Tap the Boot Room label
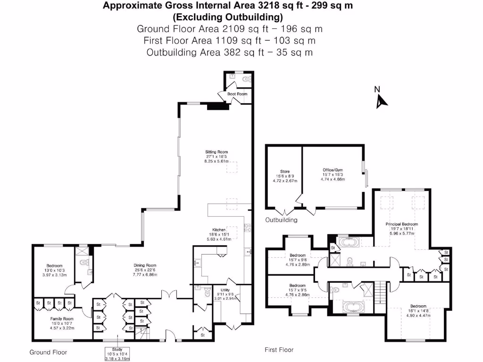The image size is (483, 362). click(237, 94)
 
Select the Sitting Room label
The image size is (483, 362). click(217, 152)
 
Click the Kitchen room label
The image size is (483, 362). click(219, 230)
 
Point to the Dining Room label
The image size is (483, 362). click(145, 265)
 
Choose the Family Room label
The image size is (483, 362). click(62, 319)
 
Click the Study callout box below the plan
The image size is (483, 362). click(117, 354)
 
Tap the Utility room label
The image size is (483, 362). click(225, 290)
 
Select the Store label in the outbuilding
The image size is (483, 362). click(285, 172)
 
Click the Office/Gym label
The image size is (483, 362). click(333, 170)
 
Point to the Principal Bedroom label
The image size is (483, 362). click(402, 224)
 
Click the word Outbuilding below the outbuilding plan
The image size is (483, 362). click(281, 220)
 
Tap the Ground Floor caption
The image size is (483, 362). click(48, 352)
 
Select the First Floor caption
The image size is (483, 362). click(279, 350)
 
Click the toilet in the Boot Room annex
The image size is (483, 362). click(247, 80)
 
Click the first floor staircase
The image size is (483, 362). click(381, 292)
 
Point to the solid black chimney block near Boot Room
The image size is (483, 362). click(218, 107)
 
